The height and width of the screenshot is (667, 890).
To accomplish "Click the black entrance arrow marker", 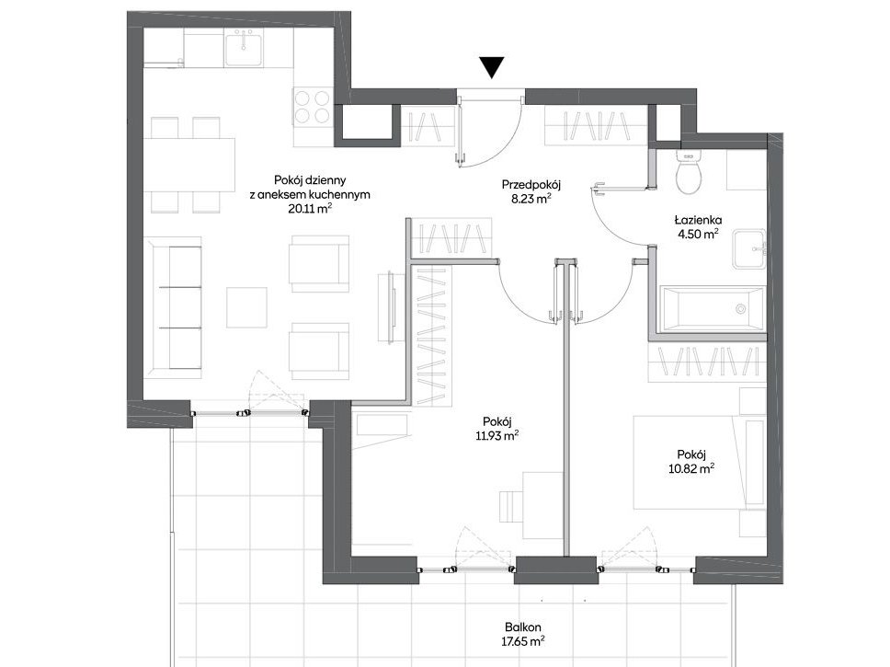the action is pos(492,67).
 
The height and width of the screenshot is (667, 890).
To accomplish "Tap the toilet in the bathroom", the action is pos(689,171).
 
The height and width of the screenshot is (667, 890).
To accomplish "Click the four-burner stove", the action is pos(312,107).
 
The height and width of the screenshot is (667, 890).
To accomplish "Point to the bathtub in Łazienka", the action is pos(713,308).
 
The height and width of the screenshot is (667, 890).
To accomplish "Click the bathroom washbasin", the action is pos(749,248).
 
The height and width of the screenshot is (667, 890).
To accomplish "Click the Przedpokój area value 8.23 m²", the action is pos(531,199).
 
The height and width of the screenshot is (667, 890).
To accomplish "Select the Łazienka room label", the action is pos(698,219).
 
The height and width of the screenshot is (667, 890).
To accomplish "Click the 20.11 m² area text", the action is pos(309,208).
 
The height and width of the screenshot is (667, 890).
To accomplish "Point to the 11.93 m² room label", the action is pos(497,435).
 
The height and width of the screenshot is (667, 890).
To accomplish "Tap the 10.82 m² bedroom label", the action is pos(691,468).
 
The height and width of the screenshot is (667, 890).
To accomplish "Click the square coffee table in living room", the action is pos(246,307).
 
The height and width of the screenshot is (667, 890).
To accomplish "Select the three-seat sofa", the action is pos(173,307).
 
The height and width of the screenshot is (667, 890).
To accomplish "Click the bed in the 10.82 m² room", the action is pos(700,462).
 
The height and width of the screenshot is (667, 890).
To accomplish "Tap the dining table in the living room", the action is pos(189,165).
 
